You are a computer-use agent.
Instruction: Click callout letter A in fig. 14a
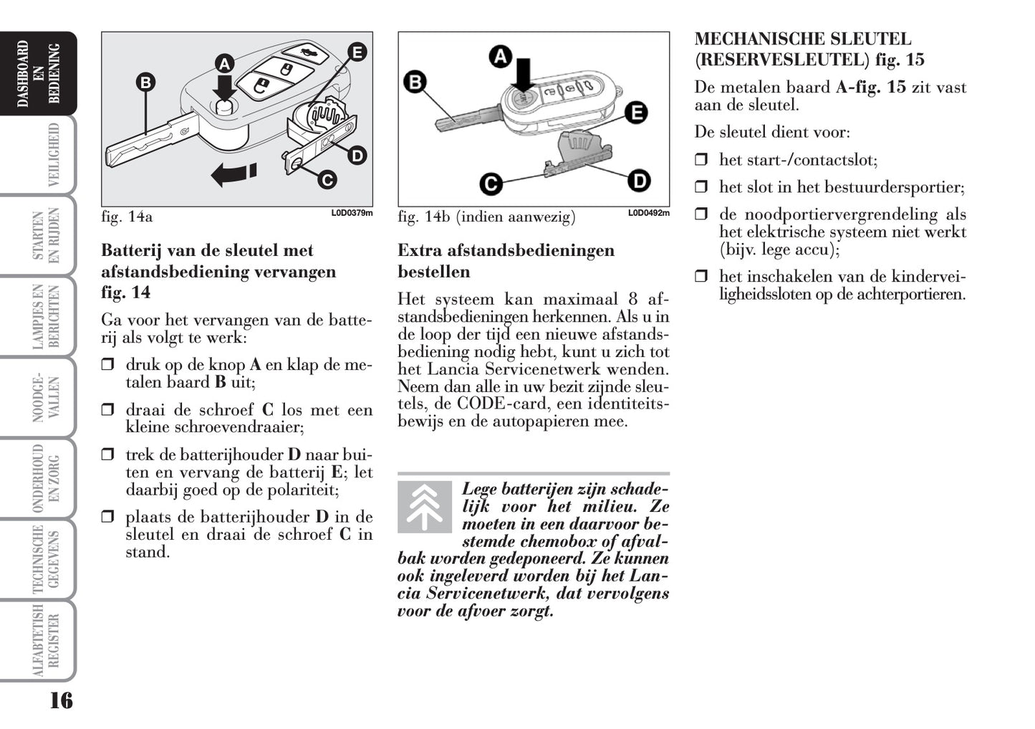225,65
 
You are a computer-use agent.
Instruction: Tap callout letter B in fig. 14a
145,82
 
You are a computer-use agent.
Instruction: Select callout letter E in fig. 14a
356,52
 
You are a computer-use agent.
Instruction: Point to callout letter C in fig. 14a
327,179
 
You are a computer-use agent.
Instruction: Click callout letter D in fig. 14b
639,180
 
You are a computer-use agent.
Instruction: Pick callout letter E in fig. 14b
635,113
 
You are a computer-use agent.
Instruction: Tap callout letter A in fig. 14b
500,56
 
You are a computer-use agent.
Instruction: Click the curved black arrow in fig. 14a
234,174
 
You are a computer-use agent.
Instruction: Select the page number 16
61,700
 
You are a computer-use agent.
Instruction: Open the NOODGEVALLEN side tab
46,398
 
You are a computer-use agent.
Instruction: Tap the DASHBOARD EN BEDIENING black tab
39,74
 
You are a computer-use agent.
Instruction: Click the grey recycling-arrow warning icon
425,507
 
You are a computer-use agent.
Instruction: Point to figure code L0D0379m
352,213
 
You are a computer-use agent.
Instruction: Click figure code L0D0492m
649,213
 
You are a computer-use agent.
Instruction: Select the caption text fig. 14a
127,216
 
